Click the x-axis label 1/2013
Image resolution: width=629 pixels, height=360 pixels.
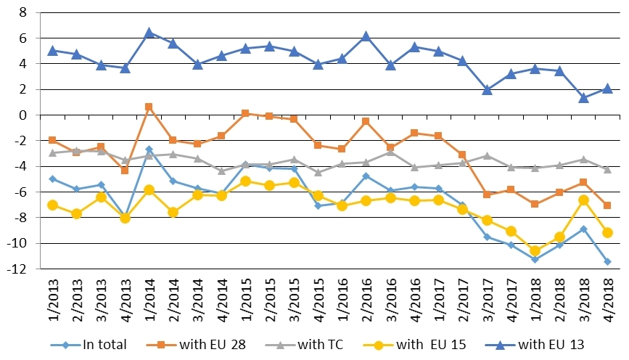tap(52, 301)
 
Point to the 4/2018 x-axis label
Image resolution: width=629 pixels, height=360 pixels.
tap(607, 301)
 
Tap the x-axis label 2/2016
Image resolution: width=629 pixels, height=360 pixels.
tap(366, 301)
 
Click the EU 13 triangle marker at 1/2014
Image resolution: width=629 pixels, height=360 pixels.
tap(149, 33)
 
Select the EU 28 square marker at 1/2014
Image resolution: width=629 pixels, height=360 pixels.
tap(149, 107)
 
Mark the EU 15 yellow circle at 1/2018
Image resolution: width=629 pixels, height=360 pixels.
tap(535, 250)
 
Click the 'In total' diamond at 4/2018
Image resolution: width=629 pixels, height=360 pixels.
tap(607, 261)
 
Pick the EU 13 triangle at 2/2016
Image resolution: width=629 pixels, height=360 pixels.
tap(366, 36)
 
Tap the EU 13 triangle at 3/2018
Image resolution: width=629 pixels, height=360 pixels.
tap(583, 97)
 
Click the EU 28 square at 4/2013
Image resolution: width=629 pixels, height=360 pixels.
tap(125, 170)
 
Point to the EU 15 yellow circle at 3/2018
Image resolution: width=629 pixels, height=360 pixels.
tap(583, 200)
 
